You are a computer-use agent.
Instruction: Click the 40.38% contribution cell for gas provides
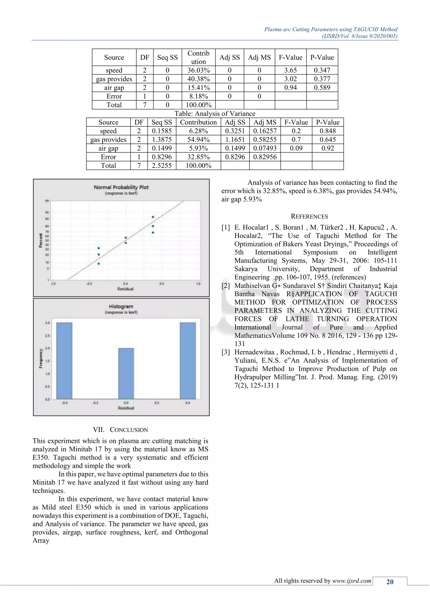198,79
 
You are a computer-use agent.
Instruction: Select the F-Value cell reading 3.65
290,70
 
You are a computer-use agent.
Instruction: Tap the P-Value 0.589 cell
322,88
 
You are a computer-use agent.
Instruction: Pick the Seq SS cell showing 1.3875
161,140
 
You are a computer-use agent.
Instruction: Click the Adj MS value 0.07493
265,148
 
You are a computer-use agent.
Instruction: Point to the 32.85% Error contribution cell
198,157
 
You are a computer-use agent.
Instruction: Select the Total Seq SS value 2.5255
161,166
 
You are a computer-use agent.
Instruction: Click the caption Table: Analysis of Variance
215,114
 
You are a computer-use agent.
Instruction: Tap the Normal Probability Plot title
121,187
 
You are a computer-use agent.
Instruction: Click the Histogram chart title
121,306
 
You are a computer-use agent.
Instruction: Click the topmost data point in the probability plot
153,217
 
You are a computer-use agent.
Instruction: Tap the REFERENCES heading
309,216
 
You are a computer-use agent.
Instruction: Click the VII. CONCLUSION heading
121,430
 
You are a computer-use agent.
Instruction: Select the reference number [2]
225,286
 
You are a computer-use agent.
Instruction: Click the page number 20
390,582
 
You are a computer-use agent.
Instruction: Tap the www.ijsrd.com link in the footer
352,581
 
